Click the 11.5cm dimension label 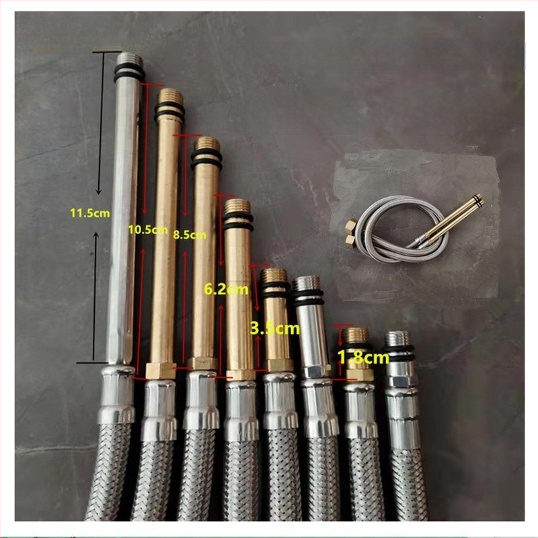(x=90, y=213)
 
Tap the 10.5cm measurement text (x=148, y=229)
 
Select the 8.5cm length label (x=190, y=235)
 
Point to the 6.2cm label (x=226, y=289)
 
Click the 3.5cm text (x=275, y=328)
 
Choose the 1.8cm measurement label (x=364, y=357)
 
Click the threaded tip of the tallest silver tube (x=128, y=59)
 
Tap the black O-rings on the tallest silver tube (x=128, y=73)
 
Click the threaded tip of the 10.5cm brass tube (x=169, y=97)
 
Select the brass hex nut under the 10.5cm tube (x=161, y=371)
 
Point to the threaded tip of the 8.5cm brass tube (x=207, y=143)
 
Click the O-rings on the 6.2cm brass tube (x=238, y=222)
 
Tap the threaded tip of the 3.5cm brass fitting (x=274, y=276)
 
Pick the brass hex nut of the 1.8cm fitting (x=359, y=375)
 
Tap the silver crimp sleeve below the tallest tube (x=118, y=395)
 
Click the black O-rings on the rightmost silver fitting (x=399, y=354)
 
